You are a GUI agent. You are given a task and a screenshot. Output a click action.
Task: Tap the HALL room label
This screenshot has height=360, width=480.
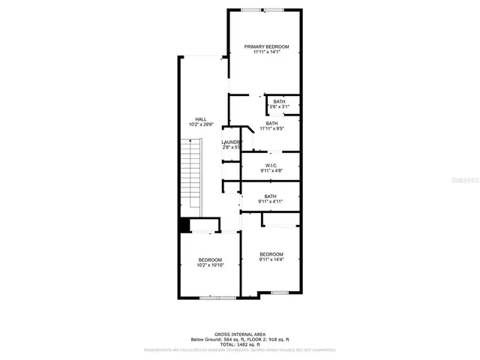pos(201,119)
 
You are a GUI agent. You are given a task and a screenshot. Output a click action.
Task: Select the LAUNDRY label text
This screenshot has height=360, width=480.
pos(231,142)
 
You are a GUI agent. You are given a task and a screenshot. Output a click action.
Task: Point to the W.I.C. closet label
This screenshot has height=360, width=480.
pos(271,166)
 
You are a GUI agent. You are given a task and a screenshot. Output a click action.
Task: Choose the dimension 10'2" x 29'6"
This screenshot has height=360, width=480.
pos(201,124)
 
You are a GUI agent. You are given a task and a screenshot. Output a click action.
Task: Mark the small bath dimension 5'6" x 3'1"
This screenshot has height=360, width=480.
pos(279,107)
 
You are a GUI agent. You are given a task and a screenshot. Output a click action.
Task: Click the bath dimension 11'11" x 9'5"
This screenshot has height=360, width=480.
pos(271,129)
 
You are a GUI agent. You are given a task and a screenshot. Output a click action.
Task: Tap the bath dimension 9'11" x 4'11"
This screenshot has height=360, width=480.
pos(270,202)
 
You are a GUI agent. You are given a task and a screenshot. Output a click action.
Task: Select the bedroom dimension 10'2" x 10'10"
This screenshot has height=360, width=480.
pos(210,265)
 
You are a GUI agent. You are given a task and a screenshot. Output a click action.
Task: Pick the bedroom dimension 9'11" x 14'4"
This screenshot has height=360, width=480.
pos(271,259)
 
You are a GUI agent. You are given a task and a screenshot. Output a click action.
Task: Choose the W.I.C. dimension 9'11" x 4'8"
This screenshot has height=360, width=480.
pos(271,171)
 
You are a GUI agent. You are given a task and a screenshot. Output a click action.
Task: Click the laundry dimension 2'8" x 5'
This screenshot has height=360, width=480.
pos(231,147)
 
